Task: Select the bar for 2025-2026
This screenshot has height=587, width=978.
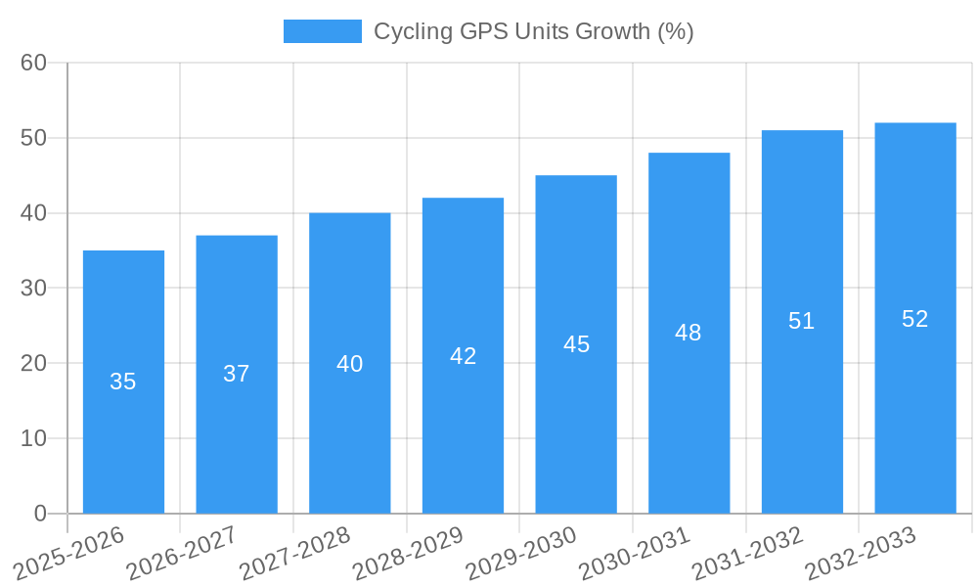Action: [123, 382]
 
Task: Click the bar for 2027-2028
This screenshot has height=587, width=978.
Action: [349, 363]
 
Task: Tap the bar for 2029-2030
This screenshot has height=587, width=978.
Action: [576, 344]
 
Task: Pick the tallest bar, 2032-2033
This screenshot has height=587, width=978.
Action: [914, 318]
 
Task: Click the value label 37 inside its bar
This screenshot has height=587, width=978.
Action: [237, 374]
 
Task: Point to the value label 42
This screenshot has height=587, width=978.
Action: [463, 356]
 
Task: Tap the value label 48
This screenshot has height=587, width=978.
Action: [689, 333]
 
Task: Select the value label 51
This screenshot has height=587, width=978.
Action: [802, 321]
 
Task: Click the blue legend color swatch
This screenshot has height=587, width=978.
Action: [322, 31]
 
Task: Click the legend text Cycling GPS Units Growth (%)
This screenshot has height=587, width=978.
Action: [534, 31]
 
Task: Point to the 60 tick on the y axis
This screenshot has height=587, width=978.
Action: [34, 63]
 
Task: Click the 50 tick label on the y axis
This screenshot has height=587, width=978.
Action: [34, 138]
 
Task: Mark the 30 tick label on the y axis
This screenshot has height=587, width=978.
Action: [34, 289]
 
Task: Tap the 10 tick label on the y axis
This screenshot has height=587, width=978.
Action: [34, 438]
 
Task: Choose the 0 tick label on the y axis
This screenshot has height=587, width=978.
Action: [40, 514]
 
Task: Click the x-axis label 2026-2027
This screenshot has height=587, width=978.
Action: [182, 553]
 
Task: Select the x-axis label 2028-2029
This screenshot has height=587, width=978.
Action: [408, 553]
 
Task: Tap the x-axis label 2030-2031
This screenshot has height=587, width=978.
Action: [634, 553]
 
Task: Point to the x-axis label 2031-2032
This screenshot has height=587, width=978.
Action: [747, 553]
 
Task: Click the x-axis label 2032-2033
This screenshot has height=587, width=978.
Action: [860, 553]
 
